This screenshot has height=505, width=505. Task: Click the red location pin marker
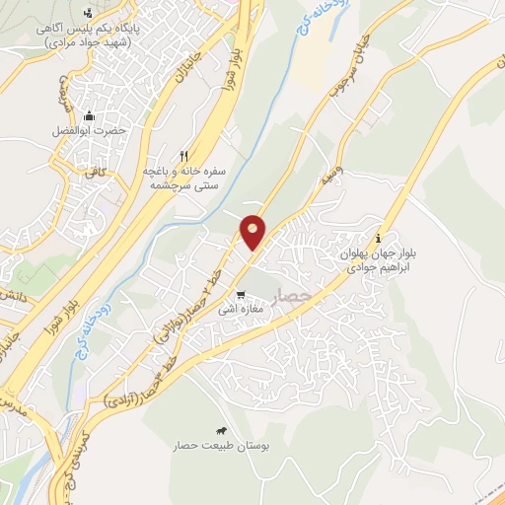[x=252, y=232]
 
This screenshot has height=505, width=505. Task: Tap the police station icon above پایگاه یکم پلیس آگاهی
[x=90, y=12]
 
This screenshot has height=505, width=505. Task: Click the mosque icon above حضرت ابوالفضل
[x=90, y=114]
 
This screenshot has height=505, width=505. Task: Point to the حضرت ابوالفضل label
[x=90, y=131]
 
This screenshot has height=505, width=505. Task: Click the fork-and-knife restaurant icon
[x=183, y=156]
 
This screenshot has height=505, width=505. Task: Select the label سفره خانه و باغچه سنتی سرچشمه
[x=184, y=178]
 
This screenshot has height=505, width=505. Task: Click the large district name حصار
[x=293, y=296]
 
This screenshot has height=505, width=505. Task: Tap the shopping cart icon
[x=241, y=294]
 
